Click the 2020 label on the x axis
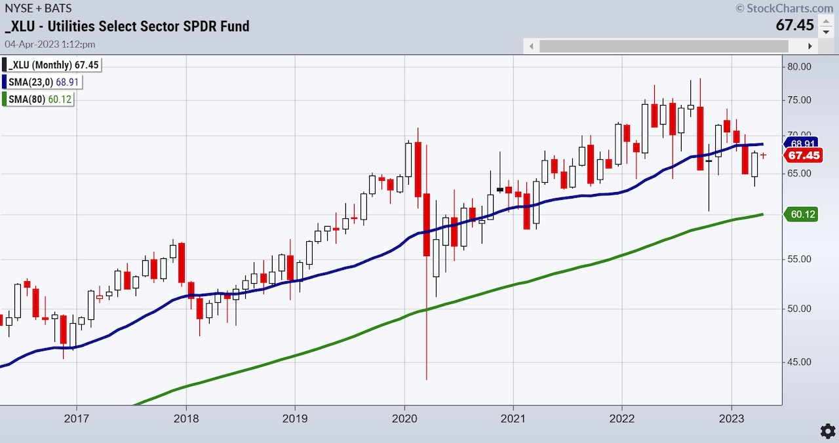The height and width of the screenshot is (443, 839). pos(404,418)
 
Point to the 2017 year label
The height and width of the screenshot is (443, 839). pos(77,418)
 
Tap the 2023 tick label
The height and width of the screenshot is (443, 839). pos(732,418)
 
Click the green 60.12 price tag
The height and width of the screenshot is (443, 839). pos(800,214)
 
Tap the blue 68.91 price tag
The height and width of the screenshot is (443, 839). pos(800,143)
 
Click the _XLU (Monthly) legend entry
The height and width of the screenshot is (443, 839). pos(52,64)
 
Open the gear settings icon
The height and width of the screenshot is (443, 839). pos(827,431)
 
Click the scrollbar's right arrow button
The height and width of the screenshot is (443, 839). pos(810,47)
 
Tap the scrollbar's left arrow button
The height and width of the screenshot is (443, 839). pos(532,47)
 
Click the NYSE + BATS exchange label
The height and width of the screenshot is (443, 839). pos(37,9)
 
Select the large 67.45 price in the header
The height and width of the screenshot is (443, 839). pos(794,26)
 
